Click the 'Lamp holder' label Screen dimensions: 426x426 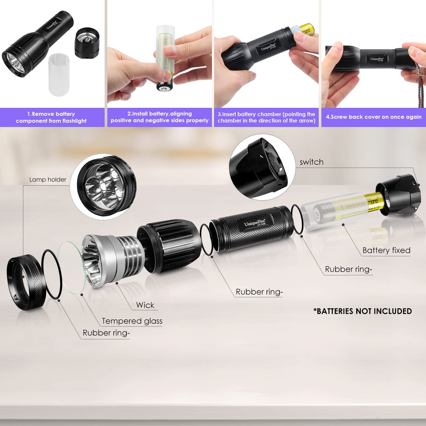coord(48,180)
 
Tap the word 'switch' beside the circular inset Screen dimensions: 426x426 coord(311,162)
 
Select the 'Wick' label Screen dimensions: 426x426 coord(145,305)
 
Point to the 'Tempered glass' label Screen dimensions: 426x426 coord(132,321)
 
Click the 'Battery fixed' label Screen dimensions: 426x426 coord(386,251)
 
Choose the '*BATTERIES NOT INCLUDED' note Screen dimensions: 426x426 coord(363,311)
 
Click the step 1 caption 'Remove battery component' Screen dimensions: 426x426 coord(51,117)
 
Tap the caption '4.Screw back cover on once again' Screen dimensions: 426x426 coord(374,117)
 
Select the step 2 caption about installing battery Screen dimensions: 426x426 coord(159,117)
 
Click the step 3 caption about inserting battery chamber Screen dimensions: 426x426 coord(266,117)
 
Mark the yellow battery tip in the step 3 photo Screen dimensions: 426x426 coord(308,30)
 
